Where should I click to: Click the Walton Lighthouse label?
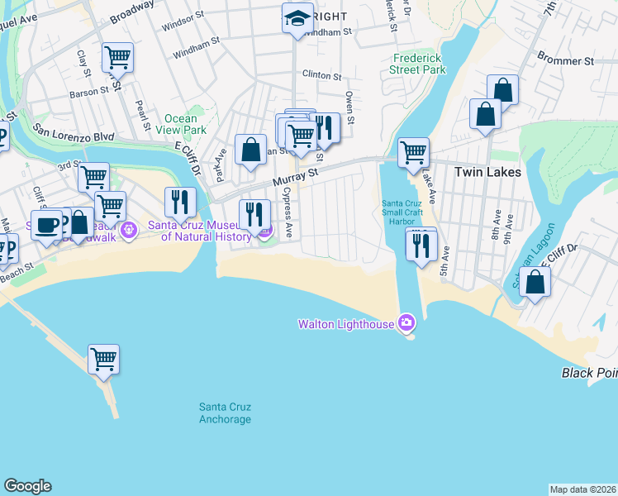pyautogui.click(x=345, y=324)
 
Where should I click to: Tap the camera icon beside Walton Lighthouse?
pyautogui.click(x=406, y=323)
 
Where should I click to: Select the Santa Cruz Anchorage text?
pyautogui.click(x=225, y=413)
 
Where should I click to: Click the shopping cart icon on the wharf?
pyautogui.click(x=104, y=360)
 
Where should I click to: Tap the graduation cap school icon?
pyautogui.click(x=296, y=19)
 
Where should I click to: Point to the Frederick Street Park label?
pyautogui.click(x=419, y=64)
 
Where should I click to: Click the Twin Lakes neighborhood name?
pyautogui.click(x=488, y=172)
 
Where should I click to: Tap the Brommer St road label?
pyautogui.click(x=565, y=61)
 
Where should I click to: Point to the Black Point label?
pyautogui.click(x=590, y=373)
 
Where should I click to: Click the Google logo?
pyautogui.click(x=27, y=486)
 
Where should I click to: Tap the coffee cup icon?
pyautogui.click(x=47, y=224)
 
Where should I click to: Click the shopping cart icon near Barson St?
pyautogui.click(x=117, y=58)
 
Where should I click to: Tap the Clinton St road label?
pyautogui.click(x=321, y=75)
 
